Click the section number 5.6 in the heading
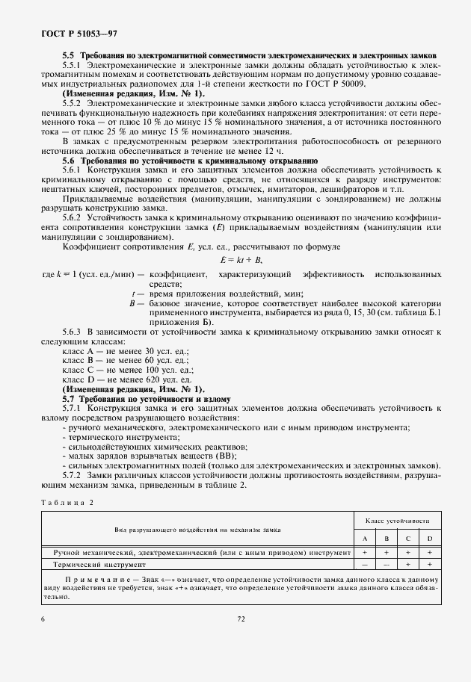68,161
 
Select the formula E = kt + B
238,259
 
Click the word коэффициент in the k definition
177,275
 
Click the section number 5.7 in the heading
68,399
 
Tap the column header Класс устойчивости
398,520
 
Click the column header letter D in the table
430,538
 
